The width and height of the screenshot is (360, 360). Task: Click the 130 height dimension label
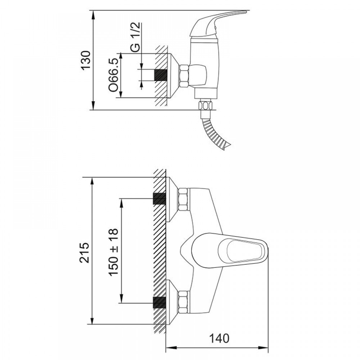(86, 60)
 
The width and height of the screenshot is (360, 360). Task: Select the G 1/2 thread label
(136, 37)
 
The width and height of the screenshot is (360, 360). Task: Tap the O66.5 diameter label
(114, 75)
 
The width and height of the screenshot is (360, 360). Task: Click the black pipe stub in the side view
(160, 75)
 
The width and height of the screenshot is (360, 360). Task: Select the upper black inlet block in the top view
(159, 199)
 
